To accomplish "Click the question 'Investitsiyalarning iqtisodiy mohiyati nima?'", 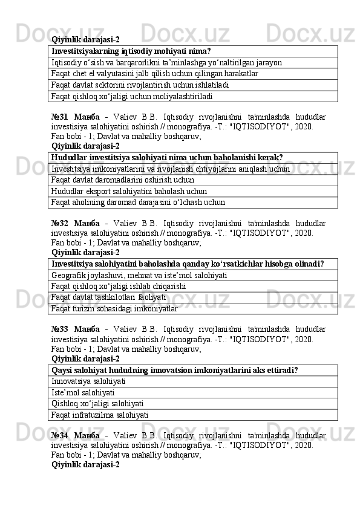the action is point(131,51).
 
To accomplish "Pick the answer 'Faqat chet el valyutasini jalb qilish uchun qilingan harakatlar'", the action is point(155,73).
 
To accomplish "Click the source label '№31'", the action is point(60,116).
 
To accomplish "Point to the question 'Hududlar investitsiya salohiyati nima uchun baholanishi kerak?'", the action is point(167,157).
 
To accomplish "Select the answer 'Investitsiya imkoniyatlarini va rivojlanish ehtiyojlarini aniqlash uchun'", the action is point(171,169).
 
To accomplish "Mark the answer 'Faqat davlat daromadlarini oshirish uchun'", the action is point(123,180).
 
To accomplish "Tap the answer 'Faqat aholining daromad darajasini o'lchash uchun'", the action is point(139,202).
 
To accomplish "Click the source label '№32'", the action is point(60,222).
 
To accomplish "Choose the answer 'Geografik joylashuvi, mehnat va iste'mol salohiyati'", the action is point(140,275).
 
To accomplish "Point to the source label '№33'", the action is point(60,329).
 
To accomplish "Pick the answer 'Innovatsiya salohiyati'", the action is point(89,381).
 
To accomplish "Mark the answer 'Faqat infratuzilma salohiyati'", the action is point(100,415).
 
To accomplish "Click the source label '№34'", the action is point(60,435).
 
